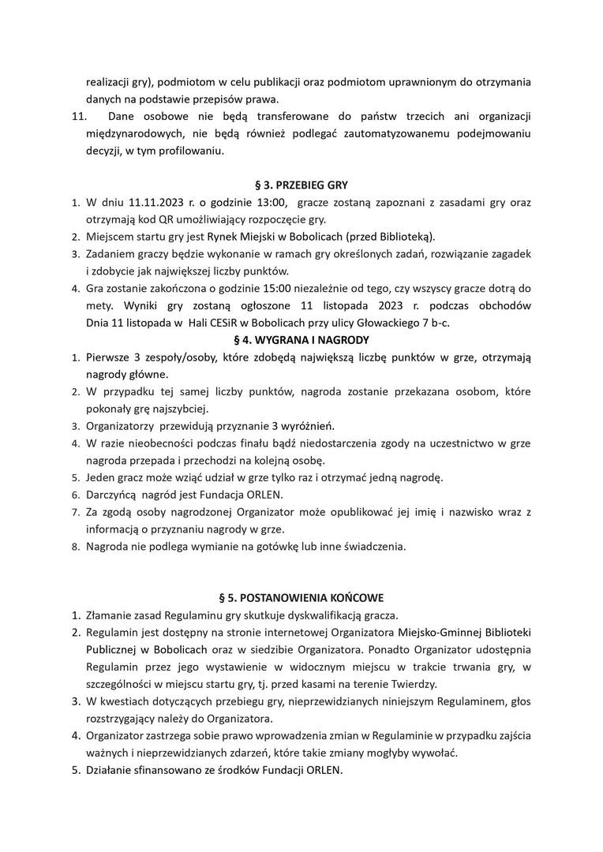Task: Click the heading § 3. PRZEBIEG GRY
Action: [x=301, y=185]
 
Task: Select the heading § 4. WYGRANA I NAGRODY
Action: [x=301, y=340]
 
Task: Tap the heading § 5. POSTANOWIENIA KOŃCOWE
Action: [x=301, y=597]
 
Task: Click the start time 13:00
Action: [x=268, y=202]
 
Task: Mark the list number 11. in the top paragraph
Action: [x=77, y=116]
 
